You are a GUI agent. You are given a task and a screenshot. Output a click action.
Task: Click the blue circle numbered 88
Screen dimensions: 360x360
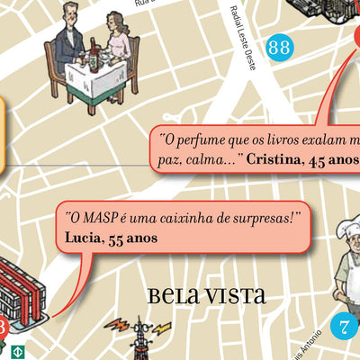coord(279,48)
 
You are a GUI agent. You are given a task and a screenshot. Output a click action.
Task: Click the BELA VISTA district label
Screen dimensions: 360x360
coord(206,294)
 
